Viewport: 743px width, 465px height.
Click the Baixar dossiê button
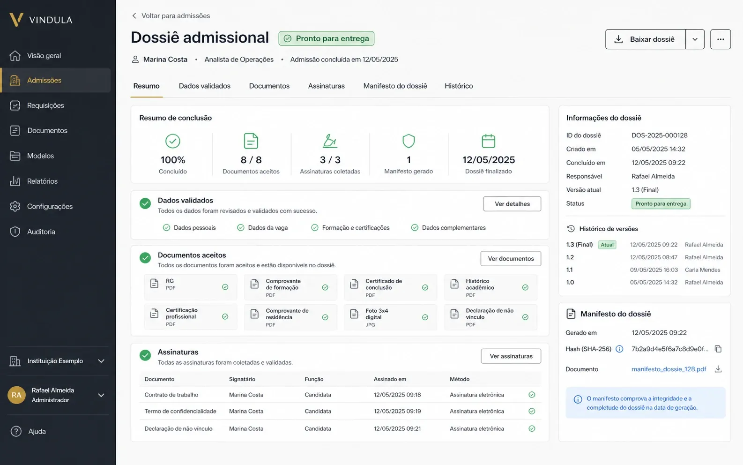[645, 39]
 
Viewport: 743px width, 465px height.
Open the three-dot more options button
[721, 39]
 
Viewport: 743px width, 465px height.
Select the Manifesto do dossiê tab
[395, 86]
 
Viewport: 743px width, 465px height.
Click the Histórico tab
[459, 86]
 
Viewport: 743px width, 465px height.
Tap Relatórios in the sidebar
[42, 181]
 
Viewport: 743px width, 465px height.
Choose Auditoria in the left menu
[41, 232]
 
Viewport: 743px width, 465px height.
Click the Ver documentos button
[511, 259]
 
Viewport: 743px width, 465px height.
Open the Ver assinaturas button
[511, 356]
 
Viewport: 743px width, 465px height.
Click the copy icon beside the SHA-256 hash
[718, 349]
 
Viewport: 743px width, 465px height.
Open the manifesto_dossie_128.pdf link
[669, 369]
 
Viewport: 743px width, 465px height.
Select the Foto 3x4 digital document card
[390, 317]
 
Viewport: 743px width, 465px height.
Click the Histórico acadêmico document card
[490, 287]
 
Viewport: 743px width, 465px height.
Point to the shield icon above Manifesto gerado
[409, 141]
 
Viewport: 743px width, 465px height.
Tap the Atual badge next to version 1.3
[607, 245]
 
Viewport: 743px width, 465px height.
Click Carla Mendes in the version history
[703, 270]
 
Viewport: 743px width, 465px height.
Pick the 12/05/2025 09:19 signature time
[397, 411]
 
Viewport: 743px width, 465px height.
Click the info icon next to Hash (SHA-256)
[619, 349]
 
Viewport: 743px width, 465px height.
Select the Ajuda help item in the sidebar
[37, 431]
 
